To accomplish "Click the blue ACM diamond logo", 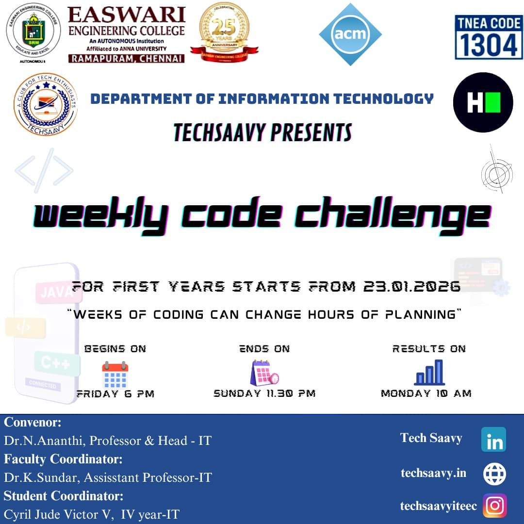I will tap(350, 34).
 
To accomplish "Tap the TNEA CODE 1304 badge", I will tap(488, 37).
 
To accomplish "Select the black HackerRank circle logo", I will tap(483, 102).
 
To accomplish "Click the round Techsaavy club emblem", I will tap(46, 104).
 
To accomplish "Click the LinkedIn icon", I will tap(494, 440).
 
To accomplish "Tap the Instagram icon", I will tap(494, 506).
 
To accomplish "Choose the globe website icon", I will tap(494, 474).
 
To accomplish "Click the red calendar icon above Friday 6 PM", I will tap(115, 374).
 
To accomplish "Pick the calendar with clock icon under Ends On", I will tap(264, 373).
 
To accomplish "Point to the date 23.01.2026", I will tap(411, 287).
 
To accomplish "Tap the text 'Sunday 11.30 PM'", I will tap(264, 393).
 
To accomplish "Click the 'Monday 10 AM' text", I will tap(426, 393).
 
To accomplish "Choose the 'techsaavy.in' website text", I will tap(433, 473).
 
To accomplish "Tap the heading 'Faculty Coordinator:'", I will tap(63, 458).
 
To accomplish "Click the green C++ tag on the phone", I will tap(56, 363).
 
